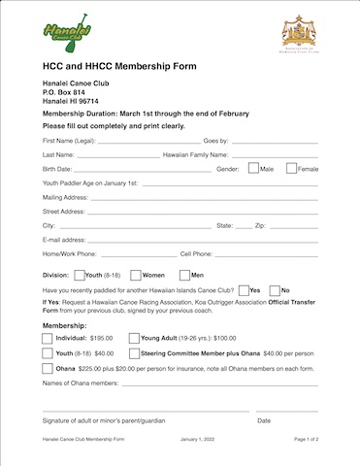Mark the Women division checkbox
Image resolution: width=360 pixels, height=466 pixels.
[136, 275]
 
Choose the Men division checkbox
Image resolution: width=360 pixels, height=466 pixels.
[183, 275]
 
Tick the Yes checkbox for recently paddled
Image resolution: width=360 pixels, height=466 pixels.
[243, 290]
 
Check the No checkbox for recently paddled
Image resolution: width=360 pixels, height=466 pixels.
[274, 290]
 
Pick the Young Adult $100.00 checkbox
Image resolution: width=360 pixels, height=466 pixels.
[134, 337]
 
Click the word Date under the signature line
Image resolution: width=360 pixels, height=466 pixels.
[264, 420]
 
